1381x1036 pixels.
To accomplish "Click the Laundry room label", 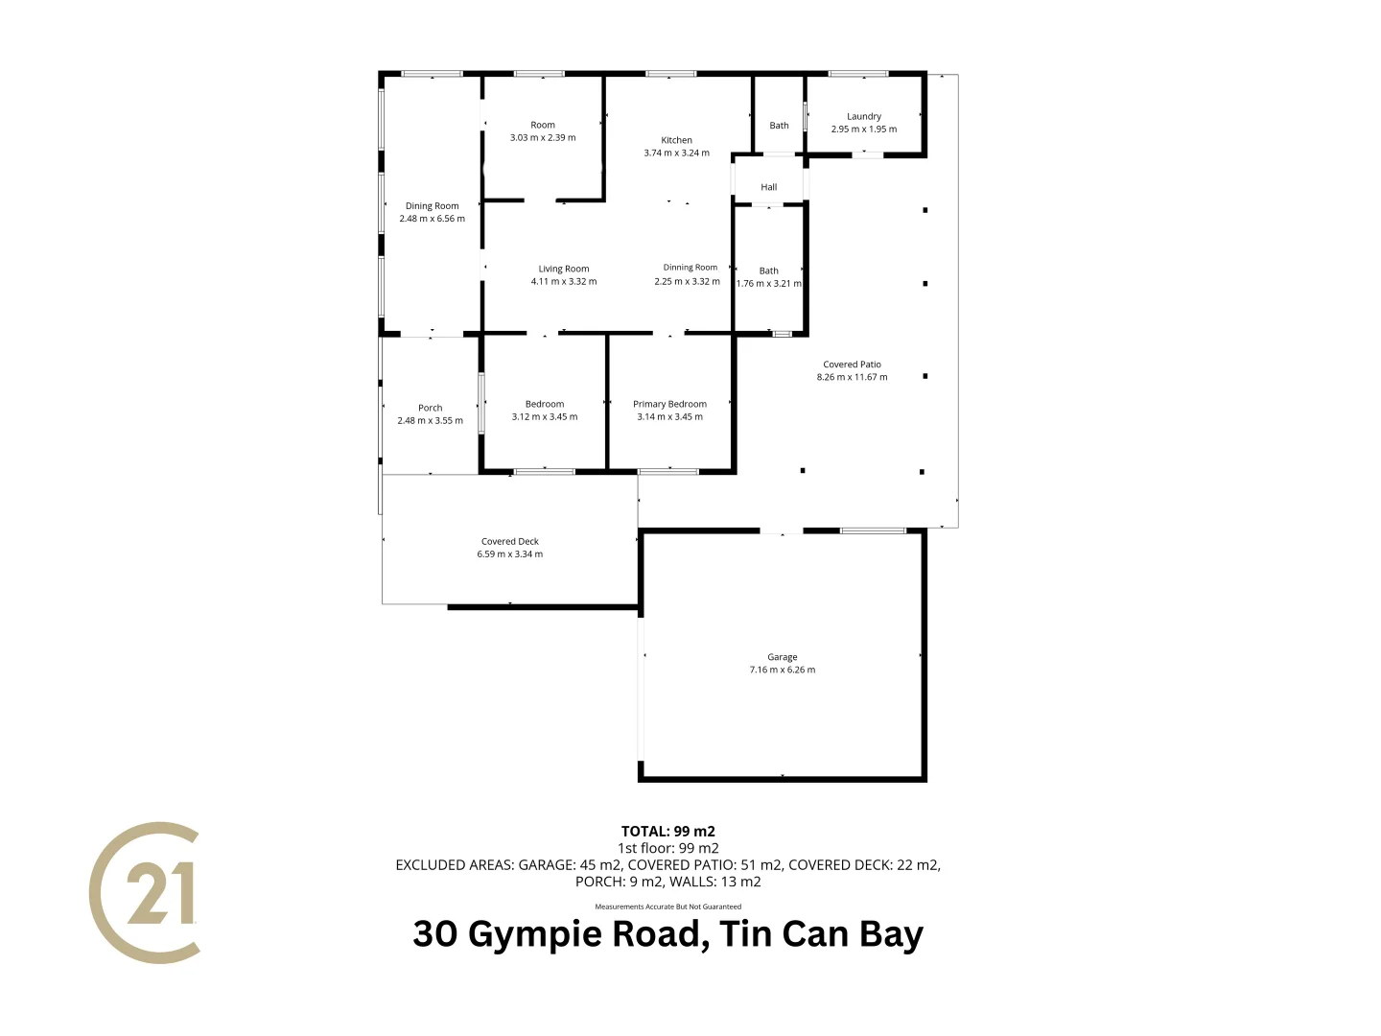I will pyautogui.click(x=864, y=116).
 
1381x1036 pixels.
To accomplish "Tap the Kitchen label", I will pyautogui.click(x=676, y=140).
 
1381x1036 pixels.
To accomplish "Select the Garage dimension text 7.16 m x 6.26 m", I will pyautogui.click(x=783, y=670).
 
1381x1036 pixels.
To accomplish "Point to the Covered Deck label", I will pyautogui.click(x=510, y=541).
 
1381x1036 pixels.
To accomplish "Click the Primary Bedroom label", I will pyautogui.click(x=669, y=404).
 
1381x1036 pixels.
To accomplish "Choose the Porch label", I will pyautogui.click(x=431, y=408).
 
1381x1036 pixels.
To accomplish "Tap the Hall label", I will pyautogui.click(x=769, y=187).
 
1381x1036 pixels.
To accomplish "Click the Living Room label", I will pyautogui.click(x=564, y=269).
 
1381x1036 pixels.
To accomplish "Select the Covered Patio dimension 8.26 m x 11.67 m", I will pyautogui.click(x=853, y=377).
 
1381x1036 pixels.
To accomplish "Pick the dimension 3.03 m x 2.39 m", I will pyautogui.click(x=543, y=137).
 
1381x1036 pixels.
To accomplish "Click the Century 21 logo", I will pyautogui.click(x=146, y=892).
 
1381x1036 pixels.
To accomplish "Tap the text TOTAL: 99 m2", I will pyautogui.click(x=668, y=832).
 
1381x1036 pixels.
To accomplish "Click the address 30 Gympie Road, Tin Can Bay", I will pyautogui.click(x=668, y=933).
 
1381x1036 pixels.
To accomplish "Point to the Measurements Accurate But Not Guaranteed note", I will pyautogui.click(x=668, y=906).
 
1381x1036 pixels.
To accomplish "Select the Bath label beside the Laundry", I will pyautogui.click(x=780, y=126).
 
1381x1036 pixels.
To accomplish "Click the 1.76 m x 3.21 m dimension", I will pyautogui.click(x=769, y=283).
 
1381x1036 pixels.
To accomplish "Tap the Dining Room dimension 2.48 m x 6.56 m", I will pyautogui.click(x=433, y=219).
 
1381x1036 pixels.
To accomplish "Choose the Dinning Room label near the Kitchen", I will pyautogui.click(x=690, y=268).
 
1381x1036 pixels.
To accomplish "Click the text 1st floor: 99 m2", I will pyautogui.click(x=668, y=848).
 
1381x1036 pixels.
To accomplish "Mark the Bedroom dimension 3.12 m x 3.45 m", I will pyautogui.click(x=545, y=416).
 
